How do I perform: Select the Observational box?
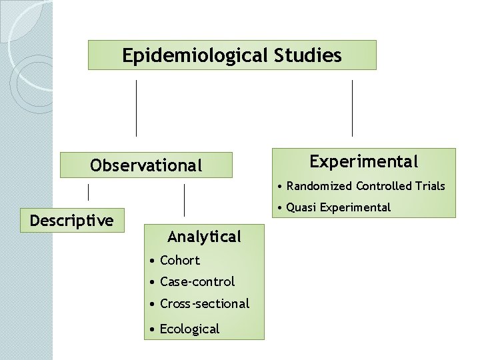(146, 165)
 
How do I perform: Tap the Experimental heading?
(364, 161)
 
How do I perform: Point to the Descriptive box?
(72, 221)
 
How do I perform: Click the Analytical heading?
(204, 237)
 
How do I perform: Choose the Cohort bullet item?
(179, 260)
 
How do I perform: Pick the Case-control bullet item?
(197, 281)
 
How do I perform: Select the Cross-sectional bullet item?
(204, 303)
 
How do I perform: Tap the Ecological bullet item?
(189, 329)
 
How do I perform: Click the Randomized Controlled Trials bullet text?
(365, 186)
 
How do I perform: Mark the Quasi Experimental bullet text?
(339, 207)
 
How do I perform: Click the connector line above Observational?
(137, 108)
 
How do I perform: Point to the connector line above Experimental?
(352, 108)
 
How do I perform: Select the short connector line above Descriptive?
(89, 192)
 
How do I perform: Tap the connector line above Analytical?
(184, 200)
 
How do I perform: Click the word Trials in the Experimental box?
(431, 186)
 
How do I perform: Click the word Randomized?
(319, 186)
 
